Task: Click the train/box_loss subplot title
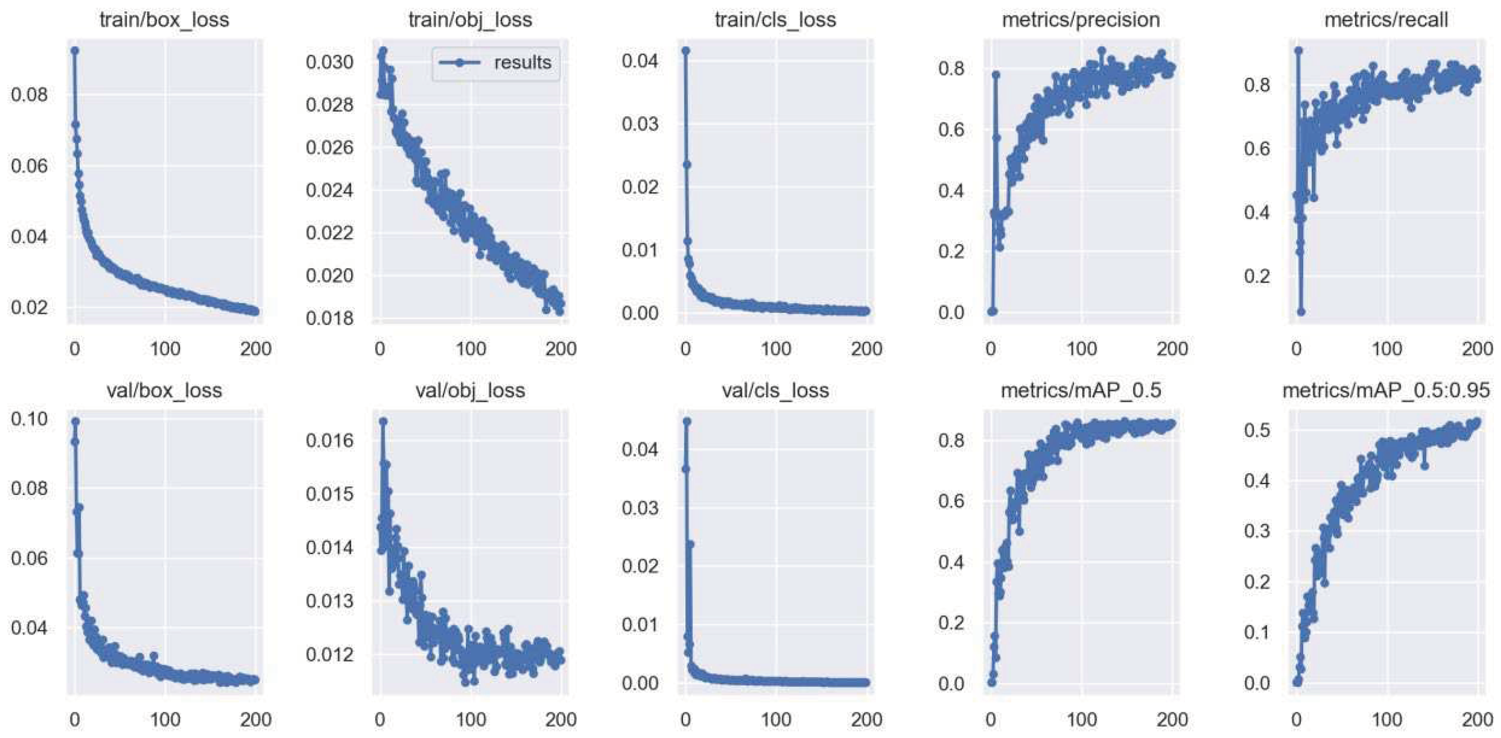point(164,20)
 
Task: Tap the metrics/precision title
point(1080,20)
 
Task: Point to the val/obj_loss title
point(470,390)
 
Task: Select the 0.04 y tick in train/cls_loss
point(640,61)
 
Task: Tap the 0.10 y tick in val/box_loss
point(29,419)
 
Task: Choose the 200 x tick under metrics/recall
point(1477,349)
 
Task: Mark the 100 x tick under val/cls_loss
point(775,719)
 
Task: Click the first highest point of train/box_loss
point(75,51)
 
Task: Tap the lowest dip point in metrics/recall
point(1301,312)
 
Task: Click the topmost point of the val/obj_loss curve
point(383,421)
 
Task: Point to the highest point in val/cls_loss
point(687,421)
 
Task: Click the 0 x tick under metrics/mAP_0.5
point(990,719)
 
